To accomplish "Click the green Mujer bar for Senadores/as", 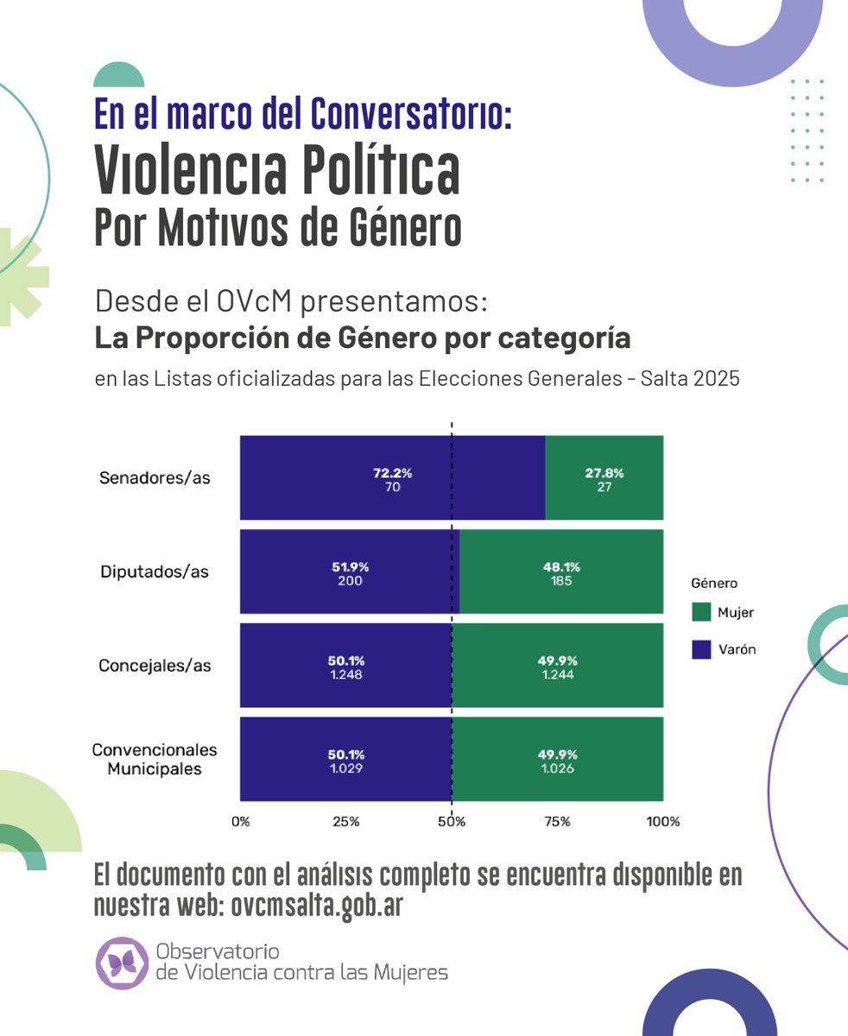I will point(604,501).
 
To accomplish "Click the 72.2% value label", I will point(393,473).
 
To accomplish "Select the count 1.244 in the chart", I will point(558,675).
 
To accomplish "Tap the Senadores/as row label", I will point(155,477).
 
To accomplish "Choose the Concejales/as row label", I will point(155,666).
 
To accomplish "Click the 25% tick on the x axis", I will point(345,822).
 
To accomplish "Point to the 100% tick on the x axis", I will point(663,822).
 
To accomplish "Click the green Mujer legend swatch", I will point(701,613).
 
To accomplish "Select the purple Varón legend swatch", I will point(701,650).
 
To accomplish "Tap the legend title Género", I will point(714,583).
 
